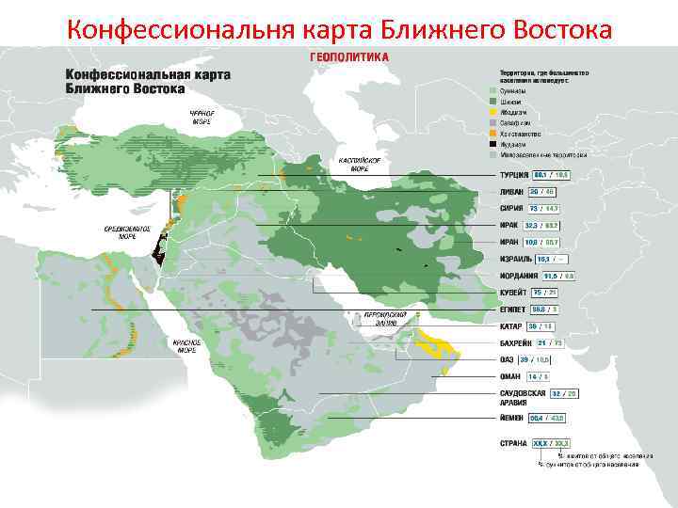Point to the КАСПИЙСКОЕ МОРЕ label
pyautogui.click(x=358, y=165)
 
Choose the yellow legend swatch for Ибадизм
pyautogui.click(x=492, y=112)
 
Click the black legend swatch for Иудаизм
pyautogui.click(x=492, y=144)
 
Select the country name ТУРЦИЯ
pyautogui.click(x=512, y=175)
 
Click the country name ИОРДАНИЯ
pyautogui.click(x=520, y=276)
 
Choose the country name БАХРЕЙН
pyautogui.click(x=516, y=343)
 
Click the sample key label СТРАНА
pyautogui.click(x=513, y=442)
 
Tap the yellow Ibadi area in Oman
pyautogui.click(x=438, y=344)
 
